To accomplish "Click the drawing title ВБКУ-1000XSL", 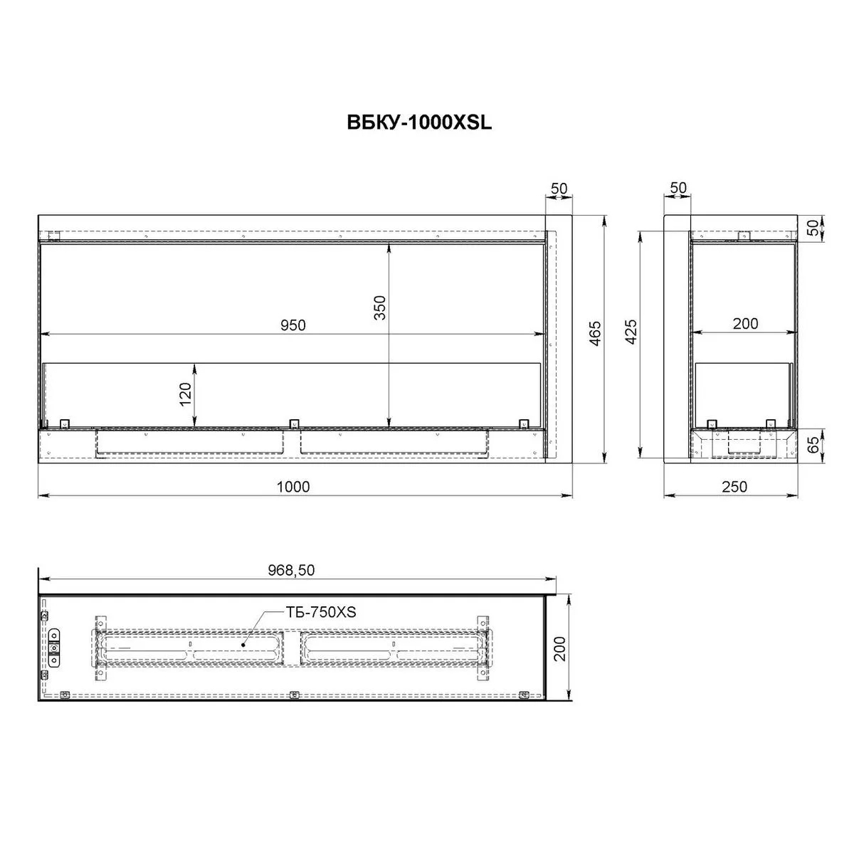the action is pyautogui.click(x=418, y=122).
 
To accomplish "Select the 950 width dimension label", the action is pyautogui.click(x=293, y=325).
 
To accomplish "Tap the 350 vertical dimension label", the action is pyautogui.click(x=380, y=307).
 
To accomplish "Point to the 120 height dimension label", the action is pyautogui.click(x=185, y=394).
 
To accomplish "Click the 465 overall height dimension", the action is pyautogui.click(x=595, y=333).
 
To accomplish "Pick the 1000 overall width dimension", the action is pyautogui.click(x=293, y=487).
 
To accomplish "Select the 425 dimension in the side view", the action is pyautogui.click(x=631, y=331).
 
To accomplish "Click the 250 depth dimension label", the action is pyautogui.click(x=734, y=487).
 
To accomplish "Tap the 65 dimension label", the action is pyautogui.click(x=813, y=446).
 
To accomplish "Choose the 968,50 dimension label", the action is pyautogui.click(x=291, y=570).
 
